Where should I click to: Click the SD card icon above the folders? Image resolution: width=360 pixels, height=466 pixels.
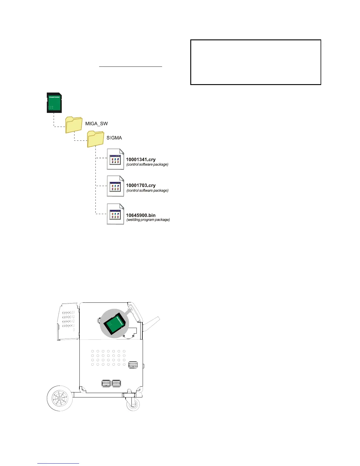coord(54,102)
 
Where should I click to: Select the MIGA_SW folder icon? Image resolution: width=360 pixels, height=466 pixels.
coord(74,125)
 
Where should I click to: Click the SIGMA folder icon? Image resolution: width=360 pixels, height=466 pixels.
coord(96,139)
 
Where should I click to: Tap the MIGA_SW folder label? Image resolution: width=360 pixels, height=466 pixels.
coord(96,124)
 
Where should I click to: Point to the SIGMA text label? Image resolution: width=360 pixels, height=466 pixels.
coord(114,138)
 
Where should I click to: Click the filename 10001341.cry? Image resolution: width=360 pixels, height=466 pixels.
coord(141,159)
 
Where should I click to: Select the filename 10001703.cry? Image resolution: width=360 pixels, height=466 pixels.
coord(141,185)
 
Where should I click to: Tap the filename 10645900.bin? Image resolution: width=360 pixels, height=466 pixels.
coord(141,215)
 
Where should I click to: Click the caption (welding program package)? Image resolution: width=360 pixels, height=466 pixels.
coord(148,220)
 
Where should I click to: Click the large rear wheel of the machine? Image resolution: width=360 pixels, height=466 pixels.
coord(60,399)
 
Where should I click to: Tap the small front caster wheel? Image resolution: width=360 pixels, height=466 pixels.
coord(133,405)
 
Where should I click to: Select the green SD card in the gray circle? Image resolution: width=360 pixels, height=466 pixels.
coord(116,324)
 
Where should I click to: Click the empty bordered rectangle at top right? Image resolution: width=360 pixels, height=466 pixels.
coord(256,62)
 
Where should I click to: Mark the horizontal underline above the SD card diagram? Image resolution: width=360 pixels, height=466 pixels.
coord(131,67)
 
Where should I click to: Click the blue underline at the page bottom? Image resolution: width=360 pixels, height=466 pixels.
coord(59,464)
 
